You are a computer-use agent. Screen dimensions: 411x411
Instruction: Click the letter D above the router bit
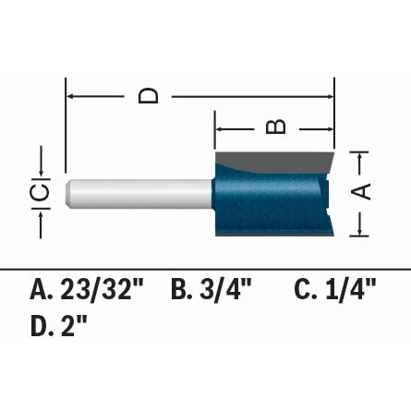[x=149, y=94]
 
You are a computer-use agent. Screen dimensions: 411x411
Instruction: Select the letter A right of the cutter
[x=363, y=191]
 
